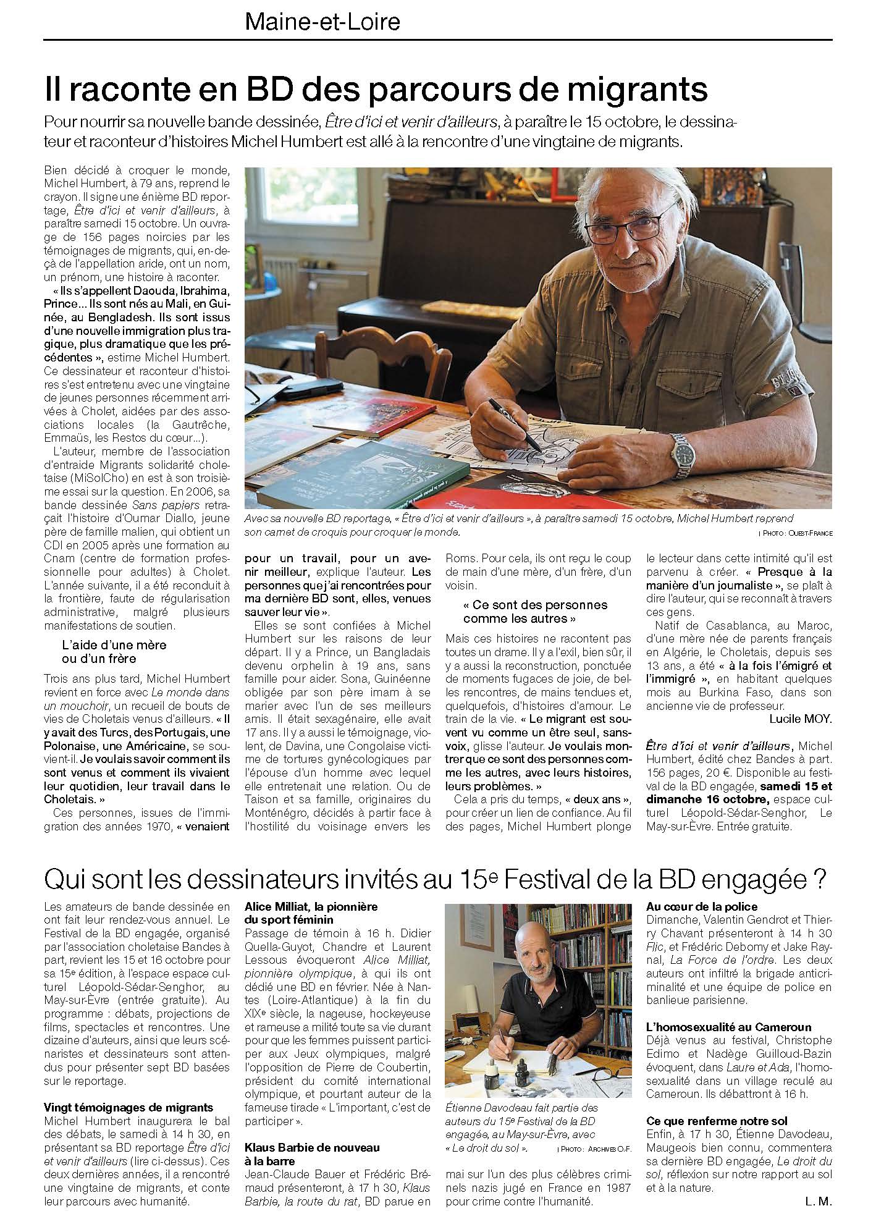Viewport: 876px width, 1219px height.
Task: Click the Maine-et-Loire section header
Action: pos(322,23)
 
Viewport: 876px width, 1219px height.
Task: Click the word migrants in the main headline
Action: pos(638,90)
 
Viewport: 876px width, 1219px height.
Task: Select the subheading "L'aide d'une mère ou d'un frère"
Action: pos(114,652)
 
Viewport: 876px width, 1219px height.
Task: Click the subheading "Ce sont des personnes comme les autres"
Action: pos(535,611)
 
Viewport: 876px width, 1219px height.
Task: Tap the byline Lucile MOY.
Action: pos(801,719)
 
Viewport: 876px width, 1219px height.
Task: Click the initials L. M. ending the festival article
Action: pos(819,1201)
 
